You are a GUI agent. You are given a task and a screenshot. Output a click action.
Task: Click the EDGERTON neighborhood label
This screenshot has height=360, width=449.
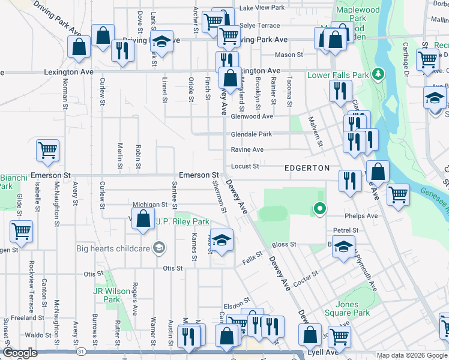pos(307,168)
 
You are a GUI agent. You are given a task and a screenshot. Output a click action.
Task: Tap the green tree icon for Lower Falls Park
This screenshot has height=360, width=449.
pos(378,75)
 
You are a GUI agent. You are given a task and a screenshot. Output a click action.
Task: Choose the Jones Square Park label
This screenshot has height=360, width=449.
pos(352,308)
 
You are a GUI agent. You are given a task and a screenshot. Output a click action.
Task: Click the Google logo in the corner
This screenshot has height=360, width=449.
pos(20,353)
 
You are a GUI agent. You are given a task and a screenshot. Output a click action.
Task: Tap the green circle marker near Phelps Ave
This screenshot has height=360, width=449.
pos(321,209)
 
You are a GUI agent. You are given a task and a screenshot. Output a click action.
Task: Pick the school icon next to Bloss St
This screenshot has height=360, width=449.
pos(343,246)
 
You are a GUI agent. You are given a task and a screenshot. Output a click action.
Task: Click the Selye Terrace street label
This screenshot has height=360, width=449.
pos(260,26)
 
